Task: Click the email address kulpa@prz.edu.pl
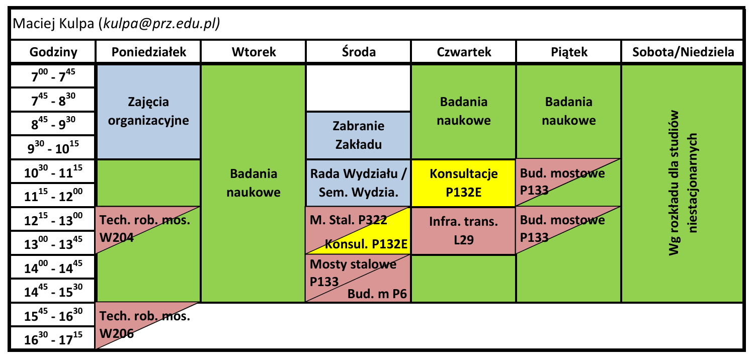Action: point(161,24)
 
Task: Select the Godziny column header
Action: point(53,52)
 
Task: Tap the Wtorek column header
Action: point(254,52)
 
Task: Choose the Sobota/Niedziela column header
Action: point(683,52)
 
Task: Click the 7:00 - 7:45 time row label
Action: point(53,76)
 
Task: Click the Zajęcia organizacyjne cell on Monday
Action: point(149,112)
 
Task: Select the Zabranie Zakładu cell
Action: point(358,135)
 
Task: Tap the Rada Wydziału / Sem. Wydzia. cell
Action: point(358,183)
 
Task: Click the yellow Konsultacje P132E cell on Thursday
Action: point(463,183)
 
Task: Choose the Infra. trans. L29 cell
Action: point(463,231)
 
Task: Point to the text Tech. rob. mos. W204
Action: point(144,229)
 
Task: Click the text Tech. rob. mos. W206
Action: point(144,325)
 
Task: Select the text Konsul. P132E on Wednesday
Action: point(366,244)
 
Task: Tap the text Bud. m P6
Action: point(377,294)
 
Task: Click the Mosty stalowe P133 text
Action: point(353,273)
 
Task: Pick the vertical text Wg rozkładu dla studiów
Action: point(674,183)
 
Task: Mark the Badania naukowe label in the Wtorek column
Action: point(254,183)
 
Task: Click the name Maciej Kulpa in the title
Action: point(53,24)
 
